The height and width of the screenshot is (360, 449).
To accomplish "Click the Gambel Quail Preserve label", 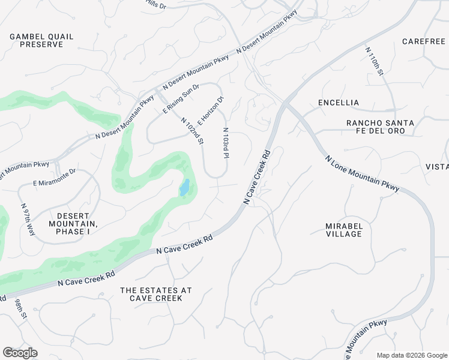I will point(41,40).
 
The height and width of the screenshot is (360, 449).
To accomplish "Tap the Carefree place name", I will point(424,41).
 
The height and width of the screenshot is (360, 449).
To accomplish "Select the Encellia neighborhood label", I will point(339,103).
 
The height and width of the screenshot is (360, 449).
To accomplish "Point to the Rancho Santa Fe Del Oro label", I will point(380,127).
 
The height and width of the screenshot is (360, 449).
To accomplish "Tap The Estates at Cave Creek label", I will point(155,294).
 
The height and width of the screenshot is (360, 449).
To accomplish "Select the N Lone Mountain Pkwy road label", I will point(362,174).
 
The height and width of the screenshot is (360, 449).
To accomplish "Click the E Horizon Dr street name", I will point(210,111).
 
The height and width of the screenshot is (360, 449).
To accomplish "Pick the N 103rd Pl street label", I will point(226,143).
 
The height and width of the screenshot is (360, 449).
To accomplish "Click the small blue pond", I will point(185,187).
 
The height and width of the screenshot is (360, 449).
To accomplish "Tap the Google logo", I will point(20,353).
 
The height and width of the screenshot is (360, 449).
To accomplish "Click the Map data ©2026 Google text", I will point(411,355).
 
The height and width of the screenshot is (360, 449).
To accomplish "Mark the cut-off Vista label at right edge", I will point(436,166).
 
